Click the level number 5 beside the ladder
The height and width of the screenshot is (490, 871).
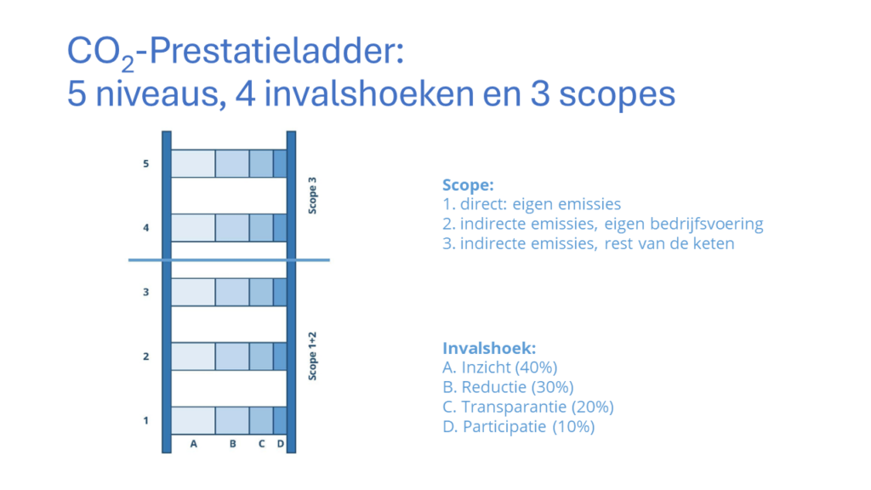tap(146, 163)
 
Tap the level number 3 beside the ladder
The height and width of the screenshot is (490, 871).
tap(146, 292)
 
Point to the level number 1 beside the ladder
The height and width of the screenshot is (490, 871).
tap(146, 420)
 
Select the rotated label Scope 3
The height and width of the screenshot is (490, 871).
tap(313, 196)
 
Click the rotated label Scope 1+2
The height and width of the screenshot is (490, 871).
tap(313, 356)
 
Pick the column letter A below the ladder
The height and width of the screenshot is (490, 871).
tap(193, 444)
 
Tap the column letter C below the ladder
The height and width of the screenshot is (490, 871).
tap(262, 444)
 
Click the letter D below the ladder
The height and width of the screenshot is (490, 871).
tap(281, 444)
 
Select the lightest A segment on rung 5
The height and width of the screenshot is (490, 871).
tap(193, 163)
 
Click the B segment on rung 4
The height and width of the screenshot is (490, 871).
tap(232, 228)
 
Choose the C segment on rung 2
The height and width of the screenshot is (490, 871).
tap(261, 356)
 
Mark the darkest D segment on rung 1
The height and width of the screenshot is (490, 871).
tap(280, 420)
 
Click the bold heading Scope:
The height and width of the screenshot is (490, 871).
tap(468, 185)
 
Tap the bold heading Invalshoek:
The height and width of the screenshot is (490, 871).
tap(489, 348)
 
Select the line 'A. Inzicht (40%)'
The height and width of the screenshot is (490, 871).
tap(500, 367)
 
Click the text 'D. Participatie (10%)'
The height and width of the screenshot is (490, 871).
tap(519, 427)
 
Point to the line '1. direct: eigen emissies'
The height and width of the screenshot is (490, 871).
tap(532, 204)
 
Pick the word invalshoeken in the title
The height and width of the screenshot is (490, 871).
tap(368, 94)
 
